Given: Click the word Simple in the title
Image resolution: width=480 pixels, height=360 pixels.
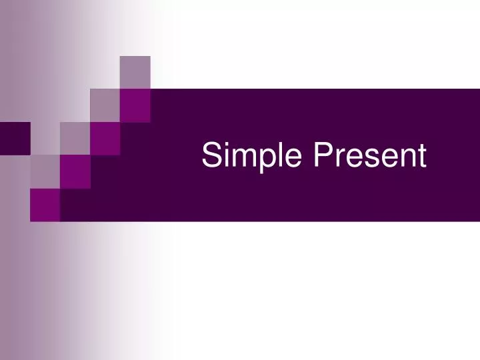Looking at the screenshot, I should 252,156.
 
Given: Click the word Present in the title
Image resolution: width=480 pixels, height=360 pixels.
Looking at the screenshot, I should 369,155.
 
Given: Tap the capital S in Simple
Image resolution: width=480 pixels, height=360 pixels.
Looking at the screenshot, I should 211,155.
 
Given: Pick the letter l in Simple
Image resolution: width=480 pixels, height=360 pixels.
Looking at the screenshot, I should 281,155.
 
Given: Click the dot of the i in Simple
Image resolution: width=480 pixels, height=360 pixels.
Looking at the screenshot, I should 227,145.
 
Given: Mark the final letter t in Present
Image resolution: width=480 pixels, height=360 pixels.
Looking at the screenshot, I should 421,157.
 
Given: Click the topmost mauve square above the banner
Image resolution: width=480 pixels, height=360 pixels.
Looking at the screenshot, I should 135,72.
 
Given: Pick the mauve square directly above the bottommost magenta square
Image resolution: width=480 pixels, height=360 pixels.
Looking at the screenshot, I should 45,171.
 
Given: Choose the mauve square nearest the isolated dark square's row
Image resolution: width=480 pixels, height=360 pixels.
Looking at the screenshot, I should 75,138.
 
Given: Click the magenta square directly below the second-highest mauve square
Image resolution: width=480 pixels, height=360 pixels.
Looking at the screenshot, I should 105,138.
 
